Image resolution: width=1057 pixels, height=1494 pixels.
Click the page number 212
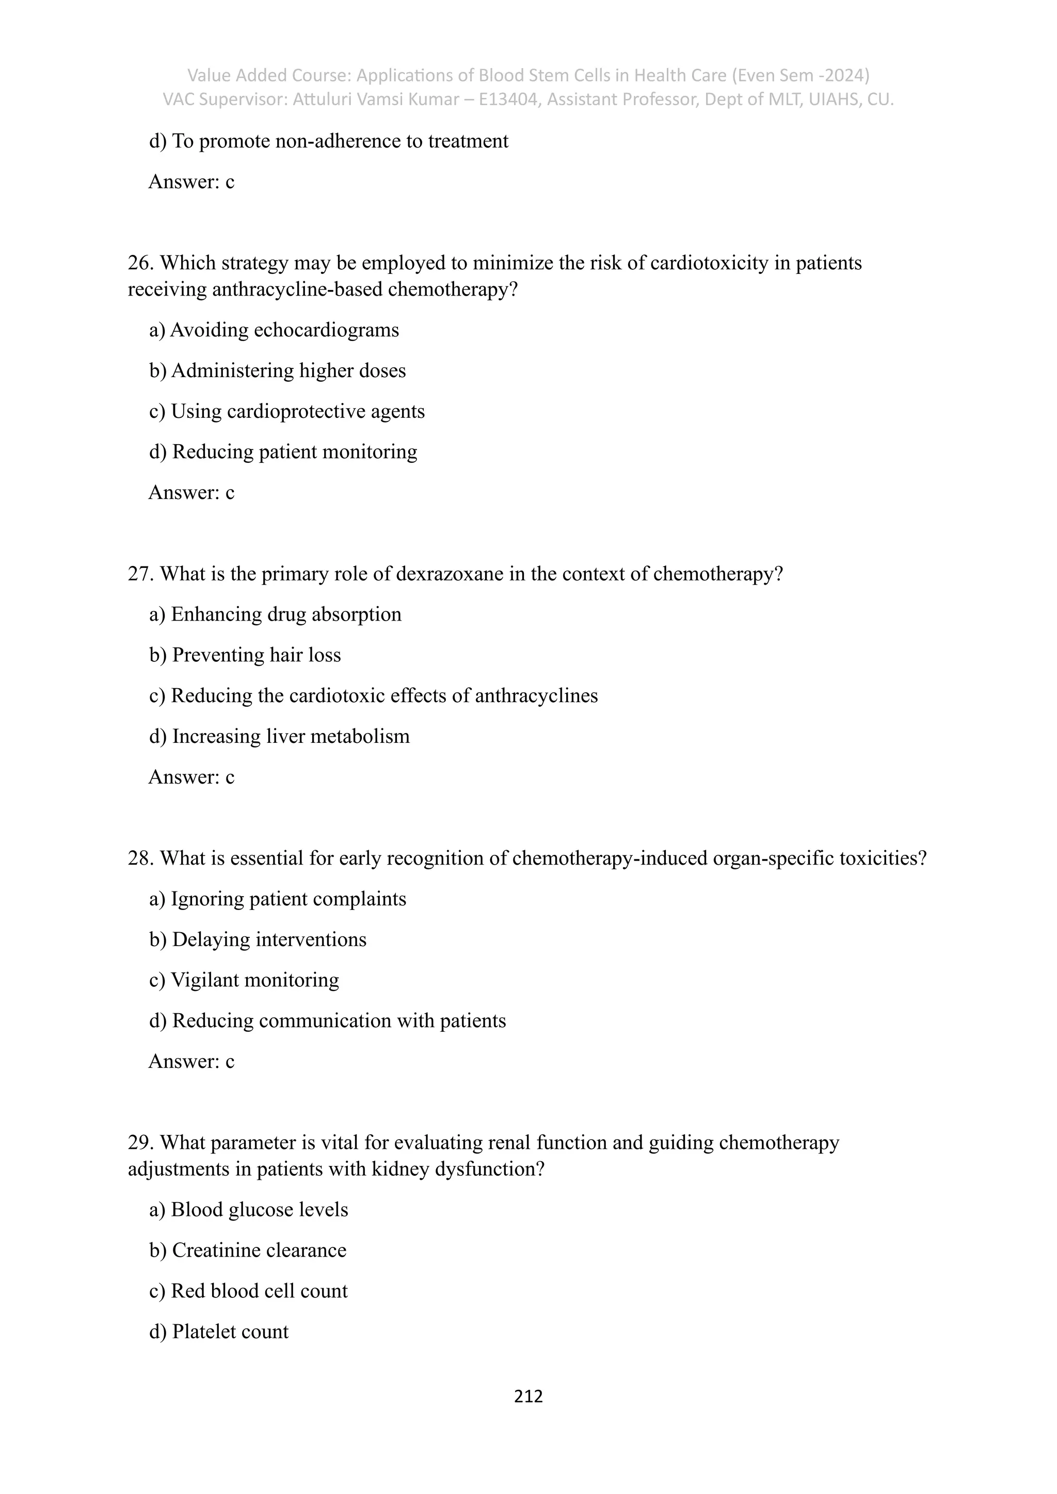[528, 1396]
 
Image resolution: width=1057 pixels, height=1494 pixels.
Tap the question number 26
[140, 263]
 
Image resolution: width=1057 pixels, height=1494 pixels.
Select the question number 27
[140, 574]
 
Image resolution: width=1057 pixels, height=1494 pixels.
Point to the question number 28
[140, 858]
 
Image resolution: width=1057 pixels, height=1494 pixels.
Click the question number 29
[140, 1143]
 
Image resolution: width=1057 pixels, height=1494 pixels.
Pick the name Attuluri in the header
[323, 100]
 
